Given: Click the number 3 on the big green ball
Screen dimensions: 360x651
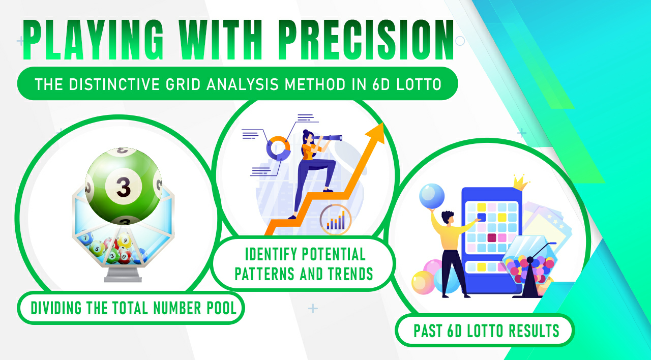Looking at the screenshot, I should click(x=123, y=187).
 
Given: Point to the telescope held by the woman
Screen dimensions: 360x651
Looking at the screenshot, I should click(x=329, y=137).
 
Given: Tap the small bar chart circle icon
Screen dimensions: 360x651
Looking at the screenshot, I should click(x=336, y=220).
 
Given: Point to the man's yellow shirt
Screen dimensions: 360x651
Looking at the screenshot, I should click(x=448, y=234).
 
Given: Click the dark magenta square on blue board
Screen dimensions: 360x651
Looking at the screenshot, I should click(x=492, y=237).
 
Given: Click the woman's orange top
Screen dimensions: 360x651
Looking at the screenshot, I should click(x=309, y=151).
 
